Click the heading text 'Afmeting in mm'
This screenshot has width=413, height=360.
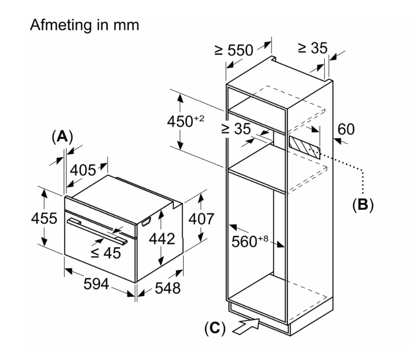tap(84, 25)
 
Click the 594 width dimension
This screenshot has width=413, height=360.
tap(96, 284)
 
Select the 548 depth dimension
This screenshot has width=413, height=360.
tap(168, 288)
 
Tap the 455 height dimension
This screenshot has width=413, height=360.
tap(44, 218)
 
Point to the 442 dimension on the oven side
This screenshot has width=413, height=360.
tap(162, 239)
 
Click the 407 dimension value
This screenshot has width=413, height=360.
tap(201, 219)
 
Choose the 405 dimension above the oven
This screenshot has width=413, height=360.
tap(83, 170)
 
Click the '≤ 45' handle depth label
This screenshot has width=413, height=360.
tap(105, 253)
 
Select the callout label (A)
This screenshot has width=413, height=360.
tap(62, 137)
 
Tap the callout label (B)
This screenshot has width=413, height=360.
tap(363, 205)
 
